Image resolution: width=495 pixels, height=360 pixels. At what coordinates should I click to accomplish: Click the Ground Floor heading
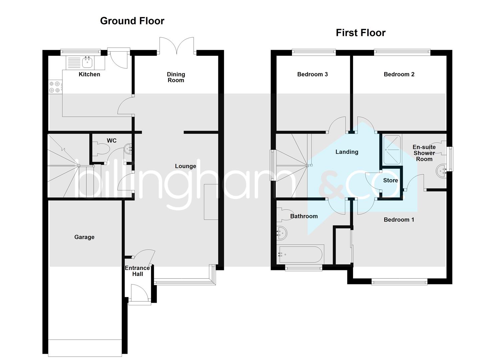pyautogui.click(x=132, y=21)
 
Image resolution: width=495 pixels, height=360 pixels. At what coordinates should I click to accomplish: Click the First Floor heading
pyautogui.click(x=360, y=33)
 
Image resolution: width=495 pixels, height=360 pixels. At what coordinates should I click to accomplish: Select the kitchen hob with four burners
pyautogui.click(x=55, y=87)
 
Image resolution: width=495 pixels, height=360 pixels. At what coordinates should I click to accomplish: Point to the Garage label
pyautogui.click(x=84, y=237)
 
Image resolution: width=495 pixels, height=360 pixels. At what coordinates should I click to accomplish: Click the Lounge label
pyautogui.click(x=185, y=166)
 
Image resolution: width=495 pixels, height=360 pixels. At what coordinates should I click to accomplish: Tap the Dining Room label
pyautogui.click(x=176, y=77)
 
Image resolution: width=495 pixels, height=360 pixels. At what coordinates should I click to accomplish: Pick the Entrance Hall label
pyautogui.click(x=137, y=271)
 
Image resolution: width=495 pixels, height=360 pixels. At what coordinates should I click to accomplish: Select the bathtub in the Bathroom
pyautogui.click(x=300, y=255)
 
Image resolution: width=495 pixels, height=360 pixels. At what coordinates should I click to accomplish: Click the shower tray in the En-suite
pyautogui.click(x=392, y=150)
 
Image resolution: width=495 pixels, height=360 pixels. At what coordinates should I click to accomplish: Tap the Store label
pyautogui.click(x=390, y=180)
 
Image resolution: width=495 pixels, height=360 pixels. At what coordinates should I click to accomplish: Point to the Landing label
pyautogui.click(x=347, y=152)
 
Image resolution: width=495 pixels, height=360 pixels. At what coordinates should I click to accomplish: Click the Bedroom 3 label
pyautogui.click(x=312, y=74)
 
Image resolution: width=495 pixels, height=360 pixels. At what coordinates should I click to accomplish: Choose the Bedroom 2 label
pyautogui.click(x=399, y=74)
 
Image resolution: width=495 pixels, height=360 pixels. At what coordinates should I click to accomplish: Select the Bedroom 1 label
pyautogui.click(x=399, y=219)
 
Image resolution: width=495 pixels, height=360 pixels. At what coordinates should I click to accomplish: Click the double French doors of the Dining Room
pyautogui.click(x=177, y=46)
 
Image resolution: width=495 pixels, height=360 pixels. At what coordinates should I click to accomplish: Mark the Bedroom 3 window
pyautogui.click(x=314, y=52)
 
